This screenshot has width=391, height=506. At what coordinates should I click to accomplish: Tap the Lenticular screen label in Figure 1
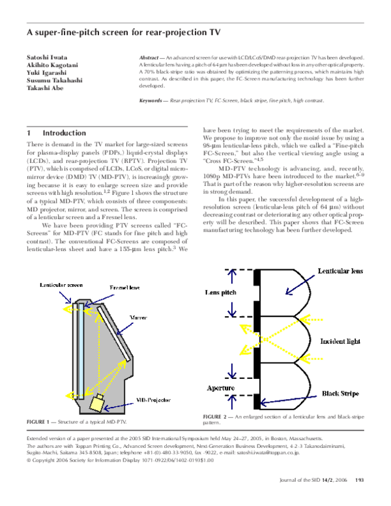(x=60, y=286)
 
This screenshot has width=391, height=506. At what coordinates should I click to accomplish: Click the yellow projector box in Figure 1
(x=98, y=404)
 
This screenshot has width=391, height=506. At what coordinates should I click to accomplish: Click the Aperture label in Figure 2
(x=220, y=387)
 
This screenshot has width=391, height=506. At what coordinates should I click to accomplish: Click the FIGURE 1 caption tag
(x=41, y=423)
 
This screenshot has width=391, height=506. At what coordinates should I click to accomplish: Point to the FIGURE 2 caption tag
(x=218, y=416)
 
